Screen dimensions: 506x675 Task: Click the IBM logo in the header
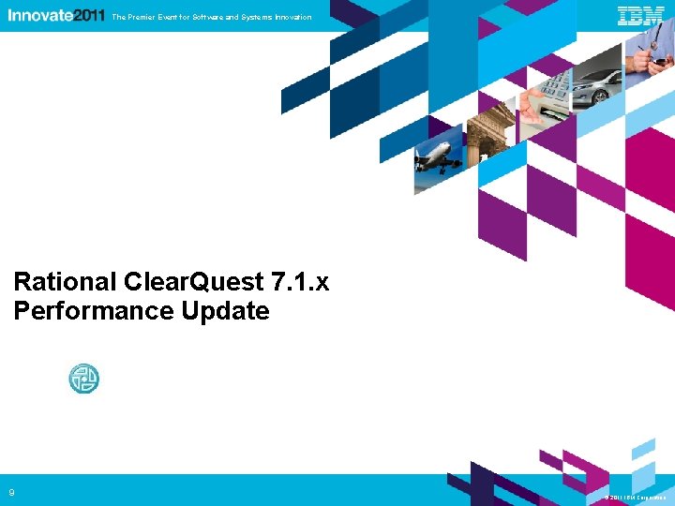pos(641,16)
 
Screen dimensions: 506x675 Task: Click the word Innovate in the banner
pos(38,16)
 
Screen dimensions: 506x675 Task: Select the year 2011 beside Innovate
pos(87,16)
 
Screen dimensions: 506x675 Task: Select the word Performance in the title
pos(80,311)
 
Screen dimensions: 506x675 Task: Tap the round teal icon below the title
pos(83,379)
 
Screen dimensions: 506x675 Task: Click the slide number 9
pos(12,493)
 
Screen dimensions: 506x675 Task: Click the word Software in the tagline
pos(209,17)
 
